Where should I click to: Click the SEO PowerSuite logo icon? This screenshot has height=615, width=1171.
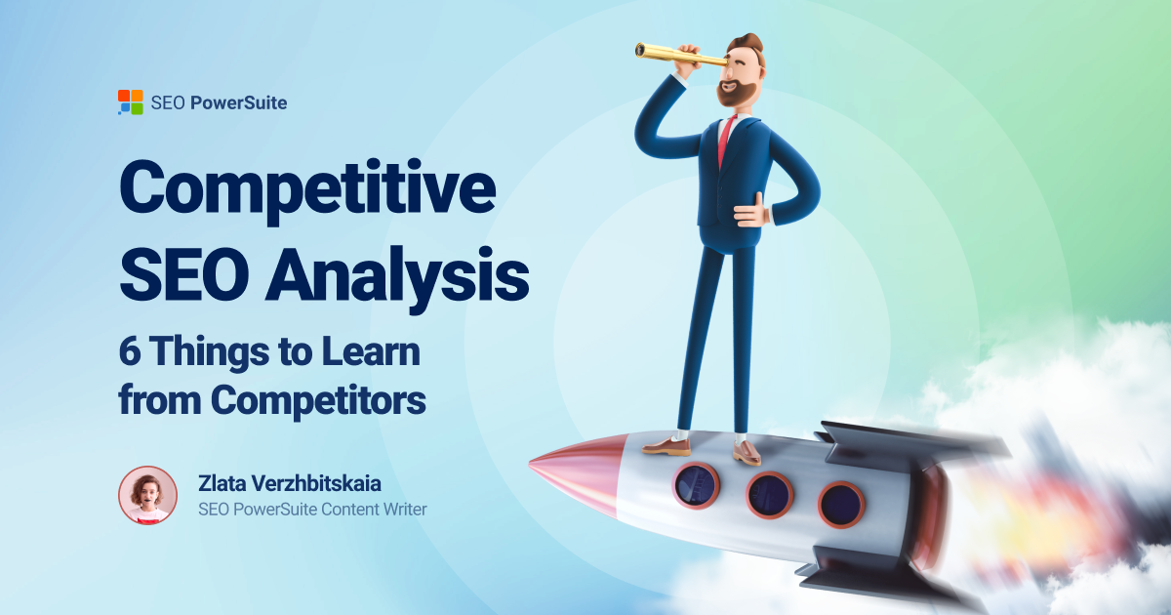point(130,102)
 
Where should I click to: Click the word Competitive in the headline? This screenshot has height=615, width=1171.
point(306,190)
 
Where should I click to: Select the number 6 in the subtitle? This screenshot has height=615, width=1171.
point(130,351)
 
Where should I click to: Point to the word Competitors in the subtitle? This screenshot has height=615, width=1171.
point(319,400)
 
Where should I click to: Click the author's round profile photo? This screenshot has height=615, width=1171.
point(147,495)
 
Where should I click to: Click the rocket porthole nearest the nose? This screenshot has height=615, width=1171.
point(695,484)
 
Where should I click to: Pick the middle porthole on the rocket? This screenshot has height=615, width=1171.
point(770,494)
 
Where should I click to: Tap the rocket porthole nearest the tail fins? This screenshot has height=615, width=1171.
point(840,504)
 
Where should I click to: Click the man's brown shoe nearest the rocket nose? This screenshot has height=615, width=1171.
point(666,446)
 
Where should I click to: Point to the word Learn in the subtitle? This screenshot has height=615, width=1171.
point(375,351)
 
